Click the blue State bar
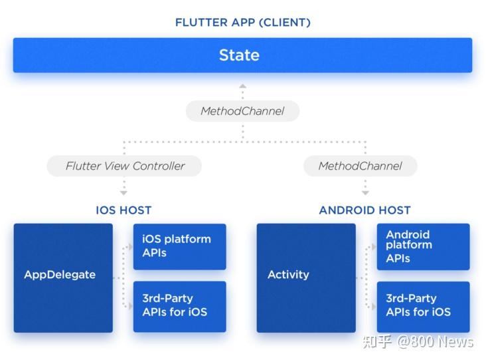[242, 55]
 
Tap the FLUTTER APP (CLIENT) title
[242, 22]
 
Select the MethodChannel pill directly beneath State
[242, 110]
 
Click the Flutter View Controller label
[125, 166]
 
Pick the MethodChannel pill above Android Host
[360, 166]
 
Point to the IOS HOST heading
[123, 210]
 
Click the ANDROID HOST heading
[364, 210]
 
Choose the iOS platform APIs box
[179, 246]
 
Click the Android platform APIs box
[423, 246]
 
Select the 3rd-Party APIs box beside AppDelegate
[179, 306]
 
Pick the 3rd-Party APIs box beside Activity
[423, 306]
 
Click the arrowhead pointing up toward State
[242, 87]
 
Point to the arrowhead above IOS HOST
[123, 193]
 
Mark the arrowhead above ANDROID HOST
[364, 193]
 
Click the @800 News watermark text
[436, 342]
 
